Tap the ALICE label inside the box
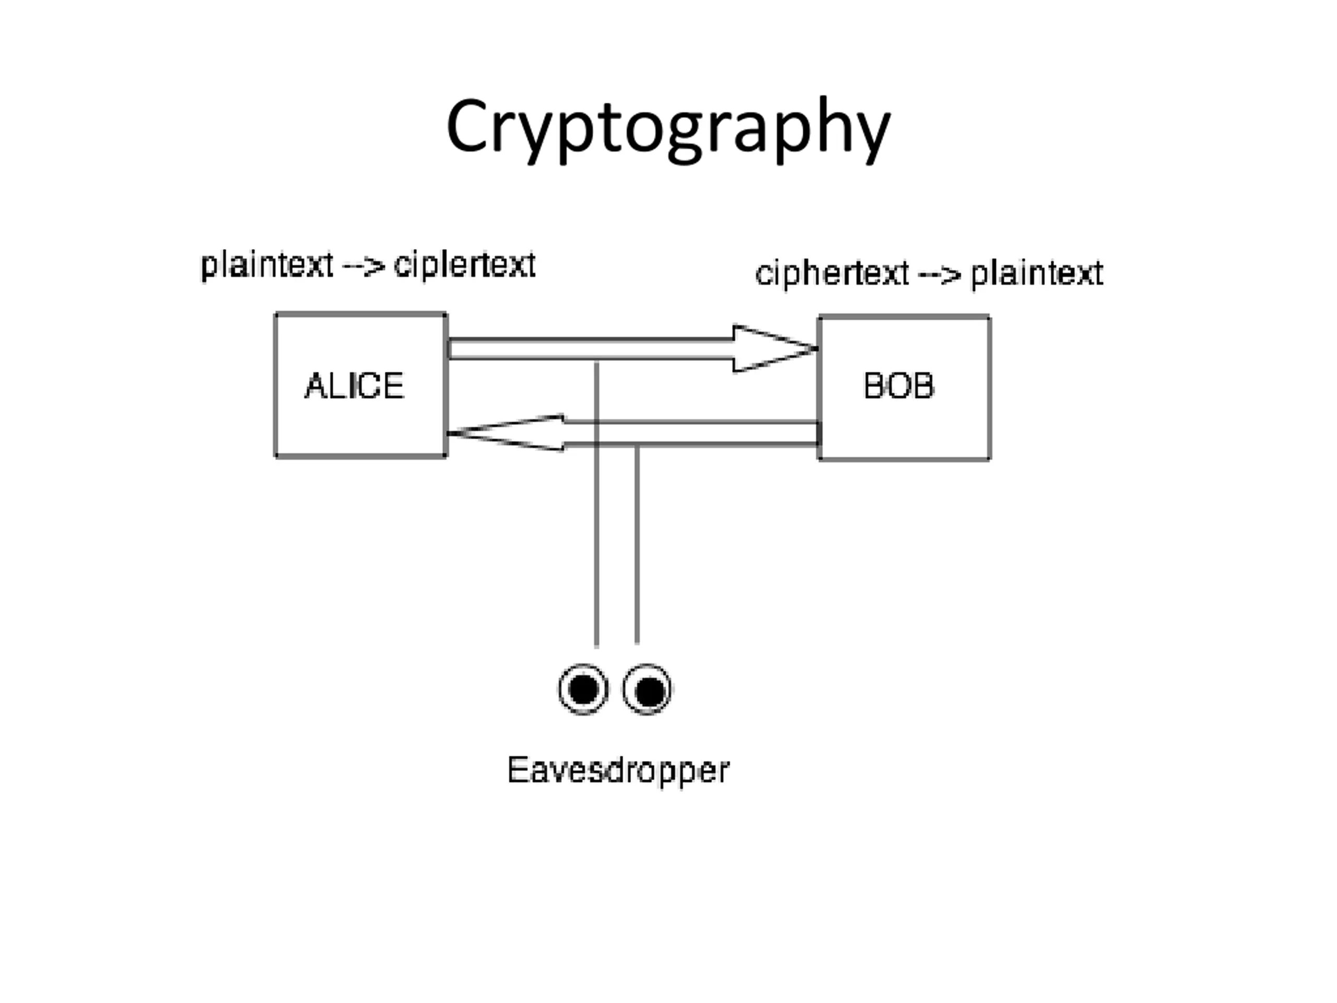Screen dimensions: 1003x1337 [354, 386]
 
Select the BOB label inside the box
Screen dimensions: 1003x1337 [899, 386]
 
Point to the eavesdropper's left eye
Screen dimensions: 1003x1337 [583, 689]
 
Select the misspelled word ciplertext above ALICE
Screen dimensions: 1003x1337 [464, 265]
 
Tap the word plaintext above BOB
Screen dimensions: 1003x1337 [1037, 273]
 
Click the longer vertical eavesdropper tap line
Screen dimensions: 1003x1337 [596, 544]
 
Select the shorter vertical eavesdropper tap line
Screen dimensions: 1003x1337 [637, 544]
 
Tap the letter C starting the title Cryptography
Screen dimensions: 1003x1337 [466, 127]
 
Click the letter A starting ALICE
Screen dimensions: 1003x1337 [315, 386]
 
